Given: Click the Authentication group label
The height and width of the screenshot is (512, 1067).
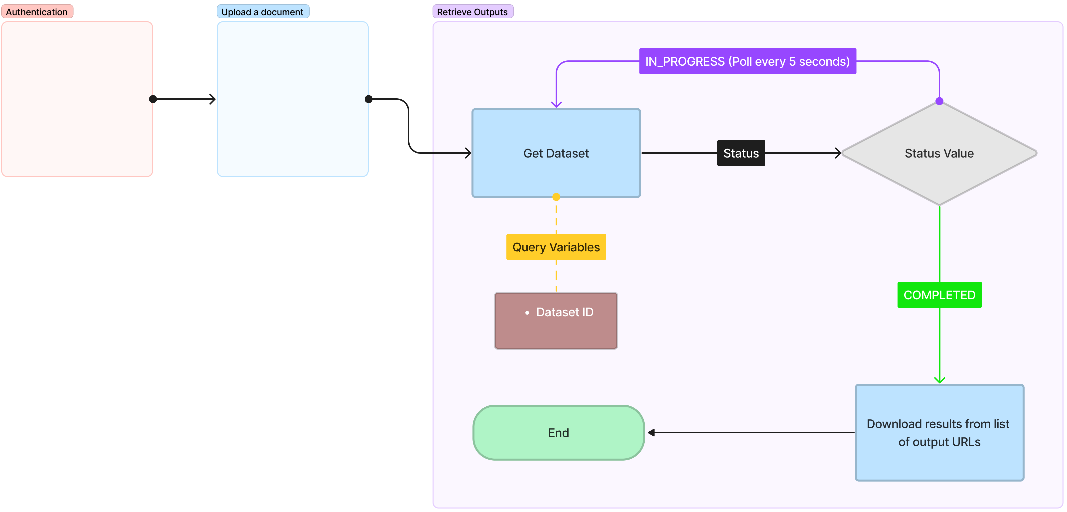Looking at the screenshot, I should click(37, 11).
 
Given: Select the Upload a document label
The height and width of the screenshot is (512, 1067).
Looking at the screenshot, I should click(263, 11).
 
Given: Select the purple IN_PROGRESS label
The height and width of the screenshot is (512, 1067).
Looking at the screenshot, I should click(747, 61).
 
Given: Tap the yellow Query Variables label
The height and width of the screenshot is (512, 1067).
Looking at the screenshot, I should click(556, 247).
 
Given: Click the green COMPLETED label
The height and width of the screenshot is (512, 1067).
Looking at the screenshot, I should click(939, 295).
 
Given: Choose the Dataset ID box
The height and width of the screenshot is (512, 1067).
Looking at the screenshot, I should click(556, 321).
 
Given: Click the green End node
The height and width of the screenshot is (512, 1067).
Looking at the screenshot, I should click(558, 432).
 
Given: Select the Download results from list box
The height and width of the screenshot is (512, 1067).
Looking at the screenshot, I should click(939, 432).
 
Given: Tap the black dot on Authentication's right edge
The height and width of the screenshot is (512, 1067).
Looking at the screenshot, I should click(153, 99).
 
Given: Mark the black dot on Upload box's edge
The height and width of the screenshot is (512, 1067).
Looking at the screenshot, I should click(368, 99).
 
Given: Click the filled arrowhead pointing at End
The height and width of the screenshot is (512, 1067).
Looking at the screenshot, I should click(651, 432).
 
